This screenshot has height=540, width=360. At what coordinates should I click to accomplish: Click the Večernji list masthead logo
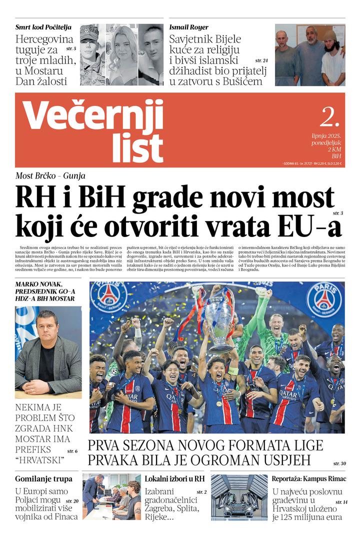click(94, 130)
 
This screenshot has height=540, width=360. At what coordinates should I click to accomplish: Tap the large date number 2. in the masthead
click(329, 117)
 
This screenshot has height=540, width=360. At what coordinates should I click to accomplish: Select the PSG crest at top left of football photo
click(108, 297)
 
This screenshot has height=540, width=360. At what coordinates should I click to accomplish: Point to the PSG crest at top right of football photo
click(324, 299)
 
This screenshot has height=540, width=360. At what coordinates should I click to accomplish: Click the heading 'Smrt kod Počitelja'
click(43, 27)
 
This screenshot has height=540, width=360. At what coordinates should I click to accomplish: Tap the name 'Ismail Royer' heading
click(189, 27)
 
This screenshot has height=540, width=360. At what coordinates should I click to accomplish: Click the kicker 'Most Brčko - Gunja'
click(50, 176)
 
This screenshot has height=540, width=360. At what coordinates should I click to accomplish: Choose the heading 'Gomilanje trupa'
click(39, 478)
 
